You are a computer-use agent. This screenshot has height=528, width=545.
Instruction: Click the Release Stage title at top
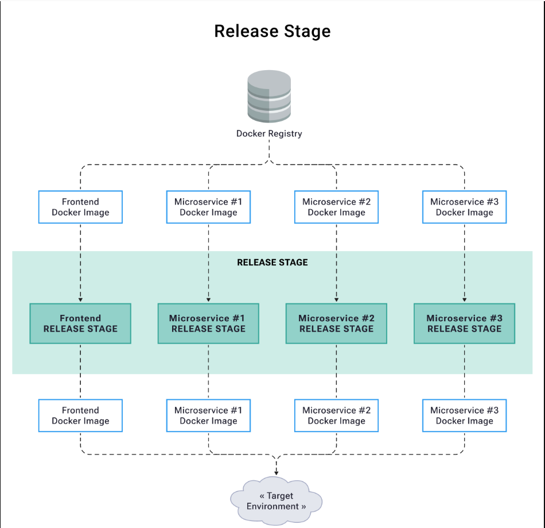click(x=272, y=30)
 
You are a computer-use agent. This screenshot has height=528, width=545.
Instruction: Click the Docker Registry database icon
click(x=269, y=97)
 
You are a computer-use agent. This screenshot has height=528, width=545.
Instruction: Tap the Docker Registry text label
click(x=269, y=133)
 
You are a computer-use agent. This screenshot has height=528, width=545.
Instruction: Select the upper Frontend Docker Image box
click(x=80, y=207)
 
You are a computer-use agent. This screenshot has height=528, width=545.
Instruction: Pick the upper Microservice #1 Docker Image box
click(x=208, y=207)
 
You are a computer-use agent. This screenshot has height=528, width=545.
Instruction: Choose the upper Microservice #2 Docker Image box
click(x=336, y=207)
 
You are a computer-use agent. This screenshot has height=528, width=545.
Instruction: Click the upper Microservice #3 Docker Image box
click(x=464, y=207)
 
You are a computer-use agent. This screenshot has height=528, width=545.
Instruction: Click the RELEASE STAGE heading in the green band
click(x=272, y=262)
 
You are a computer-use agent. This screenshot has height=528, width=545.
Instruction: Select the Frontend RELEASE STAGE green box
click(x=80, y=323)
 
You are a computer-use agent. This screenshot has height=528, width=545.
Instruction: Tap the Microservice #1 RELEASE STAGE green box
click(x=208, y=323)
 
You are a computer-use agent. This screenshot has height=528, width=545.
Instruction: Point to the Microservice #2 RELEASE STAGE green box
click(x=336, y=323)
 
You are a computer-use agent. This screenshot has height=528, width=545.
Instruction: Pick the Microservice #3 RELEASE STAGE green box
click(x=464, y=323)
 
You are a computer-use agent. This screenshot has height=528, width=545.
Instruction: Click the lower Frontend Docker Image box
click(x=80, y=415)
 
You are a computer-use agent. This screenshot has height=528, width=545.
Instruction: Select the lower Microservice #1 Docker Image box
click(x=208, y=415)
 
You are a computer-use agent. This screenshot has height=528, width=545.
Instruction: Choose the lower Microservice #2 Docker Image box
click(x=336, y=415)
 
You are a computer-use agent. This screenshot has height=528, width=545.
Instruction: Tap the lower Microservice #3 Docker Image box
click(x=464, y=415)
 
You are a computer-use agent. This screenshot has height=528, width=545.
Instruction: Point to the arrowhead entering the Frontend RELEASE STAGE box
click(x=80, y=300)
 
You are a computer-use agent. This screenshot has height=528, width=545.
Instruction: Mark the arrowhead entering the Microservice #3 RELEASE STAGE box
click(x=464, y=300)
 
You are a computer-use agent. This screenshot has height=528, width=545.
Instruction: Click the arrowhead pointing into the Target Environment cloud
click(x=277, y=472)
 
